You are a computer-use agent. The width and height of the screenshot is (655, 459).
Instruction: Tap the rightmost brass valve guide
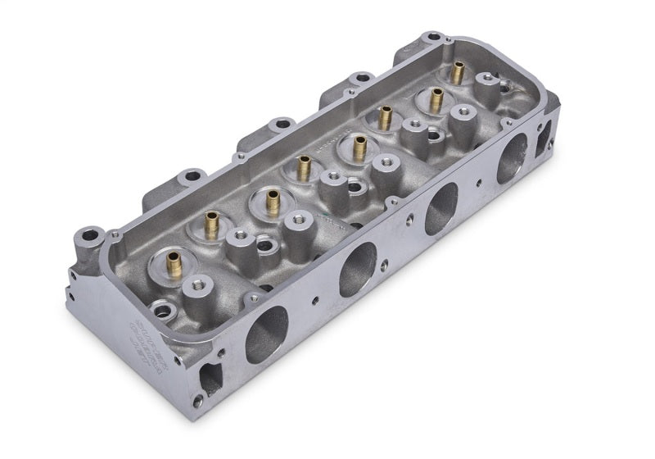pyautogui.click(x=457, y=73)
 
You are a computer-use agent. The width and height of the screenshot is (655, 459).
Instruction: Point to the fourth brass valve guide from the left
pyautogui.click(x=304, y=168)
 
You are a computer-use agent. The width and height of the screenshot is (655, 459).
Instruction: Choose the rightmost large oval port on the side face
pyautogui.click(x=513, y=157)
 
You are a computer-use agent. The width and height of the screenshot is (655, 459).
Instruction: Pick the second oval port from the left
pyautogui.click(x=358, y=269)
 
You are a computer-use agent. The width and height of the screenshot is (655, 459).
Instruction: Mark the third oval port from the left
pyautogui.click(x=441, y=209)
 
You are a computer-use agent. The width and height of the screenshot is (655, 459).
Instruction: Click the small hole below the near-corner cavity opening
pyautogui.click(x=197, y=401)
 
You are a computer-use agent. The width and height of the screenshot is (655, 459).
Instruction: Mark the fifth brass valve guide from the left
pyautogui.click(x=359, y=148)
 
